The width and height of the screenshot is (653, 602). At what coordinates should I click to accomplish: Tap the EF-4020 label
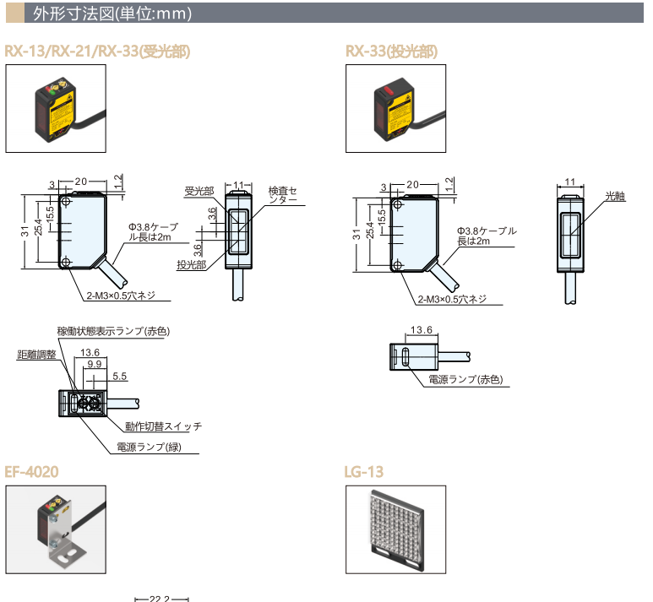pyautogui.click(x=32, y=471)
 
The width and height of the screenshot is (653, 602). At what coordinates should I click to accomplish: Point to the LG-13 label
pyautogui.click(x=365, y=471)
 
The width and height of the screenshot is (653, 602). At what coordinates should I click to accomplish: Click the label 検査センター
pyautogui.click(x=283, y=195)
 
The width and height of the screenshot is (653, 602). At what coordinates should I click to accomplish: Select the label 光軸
pyautogui.click(x=615, y=196)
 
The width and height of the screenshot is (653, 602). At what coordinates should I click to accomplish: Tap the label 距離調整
pyautogui.click(x=36, y=355)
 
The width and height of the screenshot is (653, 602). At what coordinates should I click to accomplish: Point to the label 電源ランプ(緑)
pyautogui.click(x=149, y=447)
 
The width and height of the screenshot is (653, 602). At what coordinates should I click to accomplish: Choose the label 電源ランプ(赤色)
pyautogui.click(x=465, y=380)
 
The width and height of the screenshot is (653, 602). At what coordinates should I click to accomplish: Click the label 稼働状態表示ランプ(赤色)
pyautogui.click(x=113, y=330)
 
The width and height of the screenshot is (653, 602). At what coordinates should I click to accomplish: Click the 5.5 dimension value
pyautogui.click(x=119, y=375)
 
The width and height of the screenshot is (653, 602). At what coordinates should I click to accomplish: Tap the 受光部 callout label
pyautogui.click(x=199, y=192)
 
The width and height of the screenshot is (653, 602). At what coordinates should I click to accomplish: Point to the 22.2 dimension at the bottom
pyautogui.click(x=161, y=599)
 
